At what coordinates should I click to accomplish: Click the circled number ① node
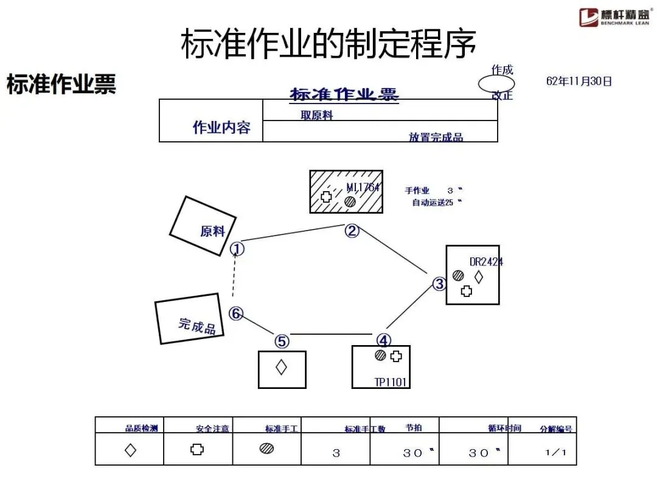pyautogui.click(x=237, y=248)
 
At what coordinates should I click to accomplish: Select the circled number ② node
pyautogui.click(x=352, y=231)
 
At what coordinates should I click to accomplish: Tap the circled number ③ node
pyautogui.click(x=439, y=284)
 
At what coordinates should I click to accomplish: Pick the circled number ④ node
pyautogui.click(x=383, y=340)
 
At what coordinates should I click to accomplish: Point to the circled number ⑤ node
pyautogui.click(x=282, y=341)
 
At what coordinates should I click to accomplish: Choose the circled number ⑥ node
pyautogui.click(x=236, y=313)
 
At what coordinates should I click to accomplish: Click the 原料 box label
pyautogui.click(x=212, y=231)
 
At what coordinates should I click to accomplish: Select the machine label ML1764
pyautogui.click(x=363, y=187)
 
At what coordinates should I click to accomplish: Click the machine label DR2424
pyautogui.click(x=486, y=262)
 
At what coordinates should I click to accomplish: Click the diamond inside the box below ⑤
pyautogui.click(x=281, y=367)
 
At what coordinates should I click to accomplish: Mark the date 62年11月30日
pyautogui.click(x=579, y=81)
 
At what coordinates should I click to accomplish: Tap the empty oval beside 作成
pyautogui.click(x=496, y=83)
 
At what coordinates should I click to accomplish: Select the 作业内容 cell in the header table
pyautogui.click(x=221, y=127)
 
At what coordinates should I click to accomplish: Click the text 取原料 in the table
pyautogui.click(x=316, y=115)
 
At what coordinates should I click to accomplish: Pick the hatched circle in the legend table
pyautogui.click(x=266, y=449)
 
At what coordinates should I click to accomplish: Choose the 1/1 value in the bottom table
pyautogui.click(x=555, y=452)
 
